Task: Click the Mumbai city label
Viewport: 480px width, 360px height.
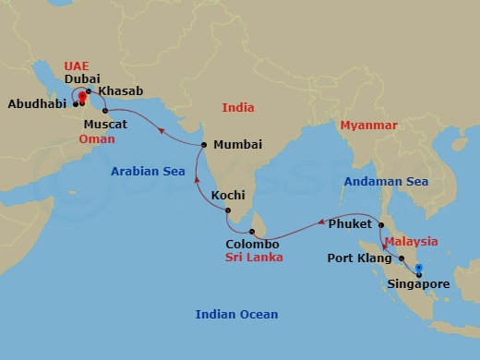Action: (237, 145)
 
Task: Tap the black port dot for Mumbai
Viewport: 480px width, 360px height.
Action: (203, 145)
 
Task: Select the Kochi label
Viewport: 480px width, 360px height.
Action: (228, 195)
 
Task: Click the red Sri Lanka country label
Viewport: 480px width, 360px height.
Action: (254, 259)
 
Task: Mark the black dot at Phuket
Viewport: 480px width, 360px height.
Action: (381, 224)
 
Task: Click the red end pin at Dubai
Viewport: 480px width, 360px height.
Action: (81, 95)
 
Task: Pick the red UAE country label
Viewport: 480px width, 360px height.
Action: (77, 66)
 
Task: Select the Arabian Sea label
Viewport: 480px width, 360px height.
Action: (143, 172)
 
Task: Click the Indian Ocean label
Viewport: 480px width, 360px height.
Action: (235, 315)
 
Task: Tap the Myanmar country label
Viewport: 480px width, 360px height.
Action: (367, 125)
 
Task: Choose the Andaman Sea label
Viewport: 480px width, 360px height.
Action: (387, 182)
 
